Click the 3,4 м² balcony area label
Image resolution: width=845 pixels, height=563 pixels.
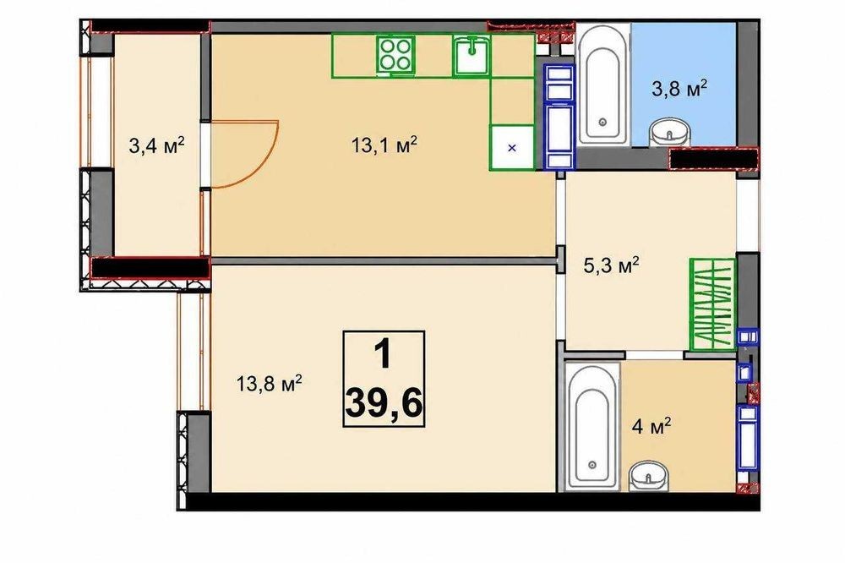coord(157,145)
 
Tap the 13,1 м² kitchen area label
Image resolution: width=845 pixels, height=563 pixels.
coord(384,145)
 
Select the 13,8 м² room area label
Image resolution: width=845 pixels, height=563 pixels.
coord(269,384)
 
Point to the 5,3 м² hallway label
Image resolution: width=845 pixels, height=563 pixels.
coord(612,265)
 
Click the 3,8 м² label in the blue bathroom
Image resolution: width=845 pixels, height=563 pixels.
coord(679,88)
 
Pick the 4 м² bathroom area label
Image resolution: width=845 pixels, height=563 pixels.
coord(651,427)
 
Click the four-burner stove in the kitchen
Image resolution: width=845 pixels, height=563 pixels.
coord(395,54)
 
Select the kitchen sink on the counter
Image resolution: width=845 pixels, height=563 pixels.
coord(472,54)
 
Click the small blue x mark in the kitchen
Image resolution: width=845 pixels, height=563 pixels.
coord(512,148)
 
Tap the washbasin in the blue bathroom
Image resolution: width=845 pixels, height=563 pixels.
coord(670,133)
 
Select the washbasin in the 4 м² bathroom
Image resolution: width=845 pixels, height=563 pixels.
coord(648,476)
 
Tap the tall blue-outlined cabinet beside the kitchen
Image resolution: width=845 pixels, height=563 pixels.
coord(559,117)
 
